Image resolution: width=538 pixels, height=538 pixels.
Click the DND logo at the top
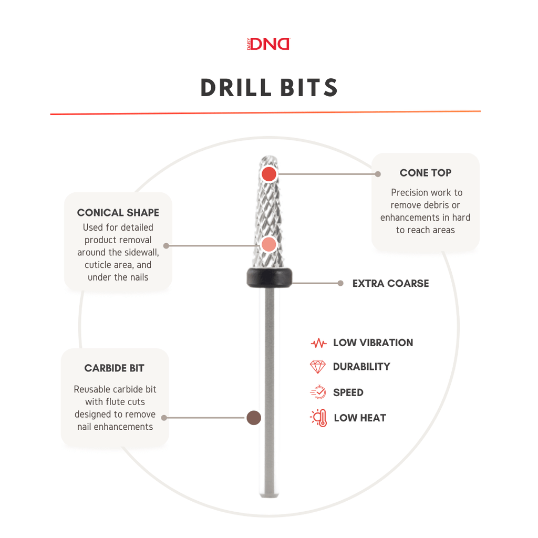(x=269, y=44)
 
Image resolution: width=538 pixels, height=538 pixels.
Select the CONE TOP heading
(x=425, y=173)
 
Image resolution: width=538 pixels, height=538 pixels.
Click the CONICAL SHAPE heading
(x=118, y=213)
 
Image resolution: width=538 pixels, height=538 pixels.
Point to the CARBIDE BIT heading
(x=114, y=368)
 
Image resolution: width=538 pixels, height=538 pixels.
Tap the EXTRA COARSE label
(x=390, y=283)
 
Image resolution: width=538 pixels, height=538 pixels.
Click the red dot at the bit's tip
(x=269, y=174)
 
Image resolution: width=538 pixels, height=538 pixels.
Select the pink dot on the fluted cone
(x=269, y=244)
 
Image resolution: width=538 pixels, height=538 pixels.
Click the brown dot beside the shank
(x=254, y=418)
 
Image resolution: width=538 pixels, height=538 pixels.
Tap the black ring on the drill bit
(x=270, y=277)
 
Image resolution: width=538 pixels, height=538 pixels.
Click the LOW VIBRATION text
(x=373, y=343)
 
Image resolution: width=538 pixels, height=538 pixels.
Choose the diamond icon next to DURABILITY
(x=318, y=367)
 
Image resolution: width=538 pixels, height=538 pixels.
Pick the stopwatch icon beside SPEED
(x=318, y=392)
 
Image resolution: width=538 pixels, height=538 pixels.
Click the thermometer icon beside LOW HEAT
(x=319, y=418)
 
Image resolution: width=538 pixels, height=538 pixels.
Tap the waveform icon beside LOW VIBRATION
(x=318, y=344)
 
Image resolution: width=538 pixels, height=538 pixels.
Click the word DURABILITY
(x=361, y=367)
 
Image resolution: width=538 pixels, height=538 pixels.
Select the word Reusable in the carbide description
(x=92, y=389)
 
